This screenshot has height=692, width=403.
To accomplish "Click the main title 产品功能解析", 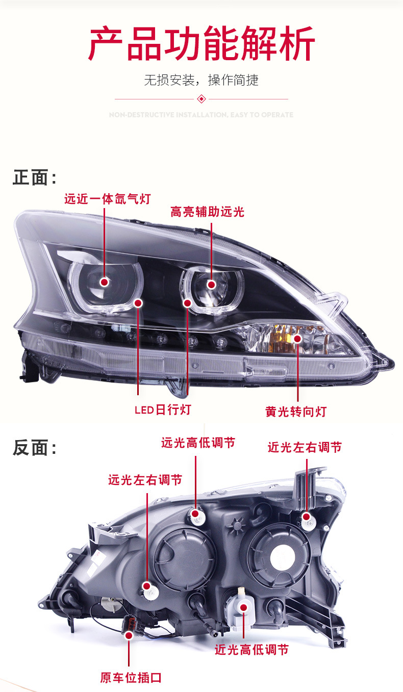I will [x=202, y=45].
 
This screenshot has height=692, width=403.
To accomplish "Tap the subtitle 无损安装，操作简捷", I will [x=202, y=80].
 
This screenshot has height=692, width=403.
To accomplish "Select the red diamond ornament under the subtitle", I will [x=202, y=98].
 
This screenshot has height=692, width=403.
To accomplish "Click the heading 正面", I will [x=34, y=177].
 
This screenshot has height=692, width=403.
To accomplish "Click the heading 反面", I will [x=34, y=448].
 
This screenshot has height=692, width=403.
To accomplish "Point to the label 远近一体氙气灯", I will [x=108, y=198].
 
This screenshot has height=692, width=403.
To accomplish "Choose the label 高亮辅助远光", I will [x=207, y=212].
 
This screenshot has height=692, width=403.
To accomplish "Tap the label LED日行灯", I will [x=163, y=409].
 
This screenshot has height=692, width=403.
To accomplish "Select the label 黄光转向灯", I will [x=296, y=411].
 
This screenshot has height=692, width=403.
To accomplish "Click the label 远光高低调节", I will [x=198, y=443].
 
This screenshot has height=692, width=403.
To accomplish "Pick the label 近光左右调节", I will [x=305, y=447].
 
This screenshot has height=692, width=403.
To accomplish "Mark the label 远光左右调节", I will [x=145, y=480].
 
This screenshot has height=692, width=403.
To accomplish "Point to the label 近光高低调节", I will [x=251, y=650].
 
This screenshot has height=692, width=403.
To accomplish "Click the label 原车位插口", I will [x=131, y=678].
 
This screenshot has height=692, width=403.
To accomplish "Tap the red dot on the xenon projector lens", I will [x=105, y=282].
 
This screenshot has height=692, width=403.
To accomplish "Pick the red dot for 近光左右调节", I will [x=306, y=517].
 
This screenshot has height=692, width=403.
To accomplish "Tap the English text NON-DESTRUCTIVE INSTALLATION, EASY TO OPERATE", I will [x=202, y=115].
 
